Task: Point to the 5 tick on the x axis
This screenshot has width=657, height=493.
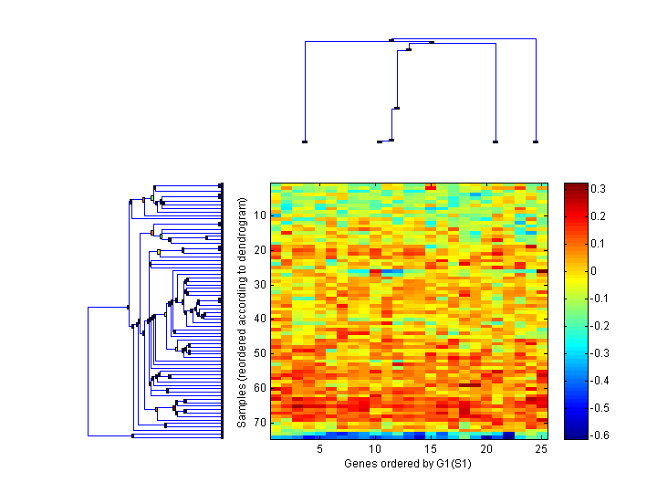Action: [319, 449]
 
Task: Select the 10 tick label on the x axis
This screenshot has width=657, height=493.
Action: [375, 449]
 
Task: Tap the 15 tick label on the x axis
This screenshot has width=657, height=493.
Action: [431, 449]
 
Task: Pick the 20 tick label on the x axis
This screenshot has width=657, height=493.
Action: [486, 449]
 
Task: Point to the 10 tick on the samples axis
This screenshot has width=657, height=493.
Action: [259, 215]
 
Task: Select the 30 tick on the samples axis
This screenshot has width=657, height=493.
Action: [259, 284]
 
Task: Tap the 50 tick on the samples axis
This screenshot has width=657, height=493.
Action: [259, 353]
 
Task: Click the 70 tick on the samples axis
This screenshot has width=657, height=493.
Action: [259, 422]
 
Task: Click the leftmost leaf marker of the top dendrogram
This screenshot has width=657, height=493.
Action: [305, 142]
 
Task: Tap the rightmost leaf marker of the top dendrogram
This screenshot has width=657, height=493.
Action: [536, 142]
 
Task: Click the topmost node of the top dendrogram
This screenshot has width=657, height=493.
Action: [391, 39]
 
